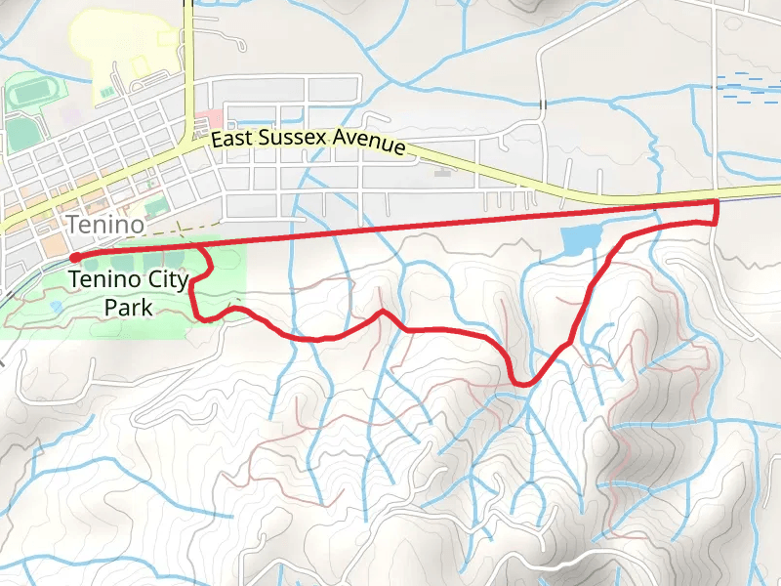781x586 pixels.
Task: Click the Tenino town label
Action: point(105,225)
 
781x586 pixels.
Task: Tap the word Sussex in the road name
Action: point(290,139)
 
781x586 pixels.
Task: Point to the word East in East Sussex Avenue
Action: point(232,140)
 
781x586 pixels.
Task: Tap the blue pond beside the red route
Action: point(579,238)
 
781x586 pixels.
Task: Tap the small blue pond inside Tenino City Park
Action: point(56,306)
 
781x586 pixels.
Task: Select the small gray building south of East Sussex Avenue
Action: point(441,175)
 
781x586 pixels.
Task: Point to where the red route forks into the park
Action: point(203,251)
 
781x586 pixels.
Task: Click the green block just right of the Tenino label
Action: point(154,208)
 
